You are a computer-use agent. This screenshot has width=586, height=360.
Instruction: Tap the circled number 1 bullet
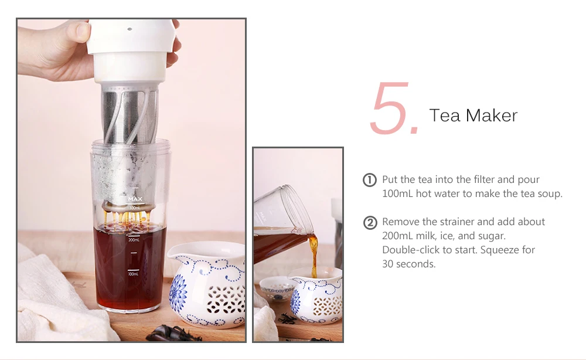click(370, 180)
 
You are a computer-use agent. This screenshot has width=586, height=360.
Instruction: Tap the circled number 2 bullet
click(370, 223)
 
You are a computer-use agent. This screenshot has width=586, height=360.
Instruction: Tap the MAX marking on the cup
click(135, 199)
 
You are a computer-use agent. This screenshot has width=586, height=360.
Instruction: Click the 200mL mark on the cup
click(134, 240)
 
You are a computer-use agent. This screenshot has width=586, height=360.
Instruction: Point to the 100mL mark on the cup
click(134, 274)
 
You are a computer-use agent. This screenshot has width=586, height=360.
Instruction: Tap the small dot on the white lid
click(130, 29)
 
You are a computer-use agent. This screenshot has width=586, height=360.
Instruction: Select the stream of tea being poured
click(313, 255)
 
